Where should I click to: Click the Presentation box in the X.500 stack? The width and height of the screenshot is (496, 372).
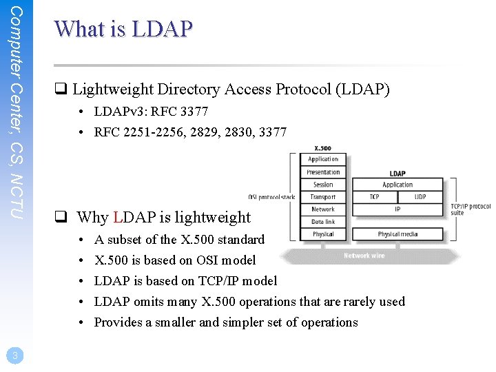[x=323, y=172]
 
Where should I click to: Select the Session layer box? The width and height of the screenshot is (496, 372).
[x=323, y=185]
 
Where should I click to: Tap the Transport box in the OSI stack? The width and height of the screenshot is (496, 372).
[x=323, y=197]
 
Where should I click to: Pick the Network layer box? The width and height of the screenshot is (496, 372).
[x=323, y=209]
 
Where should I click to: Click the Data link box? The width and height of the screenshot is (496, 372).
[x=323, y=222]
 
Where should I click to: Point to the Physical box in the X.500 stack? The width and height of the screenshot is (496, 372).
[x=323, y=234]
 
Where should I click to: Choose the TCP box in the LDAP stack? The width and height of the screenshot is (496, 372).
[x=374, y=197]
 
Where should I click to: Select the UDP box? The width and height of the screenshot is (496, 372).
[x=420, y=197]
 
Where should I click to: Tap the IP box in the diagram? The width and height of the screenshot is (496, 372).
[x=397, y=209]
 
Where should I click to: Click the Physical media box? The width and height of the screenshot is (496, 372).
[x=397, y=234]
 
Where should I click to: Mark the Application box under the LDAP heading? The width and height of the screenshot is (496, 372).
[x=397, y=185]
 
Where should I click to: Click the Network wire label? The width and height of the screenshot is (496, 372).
[x=364, y=256]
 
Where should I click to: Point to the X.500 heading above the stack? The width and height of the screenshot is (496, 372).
[x=322, y=149]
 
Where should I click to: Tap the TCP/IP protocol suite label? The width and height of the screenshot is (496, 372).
[x=471, y=209]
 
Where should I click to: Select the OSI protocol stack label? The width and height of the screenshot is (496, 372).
[x=272, y=198]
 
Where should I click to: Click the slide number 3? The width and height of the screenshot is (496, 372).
[x=14, y=355]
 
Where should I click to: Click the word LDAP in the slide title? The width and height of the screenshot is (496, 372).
[x=163, y=29]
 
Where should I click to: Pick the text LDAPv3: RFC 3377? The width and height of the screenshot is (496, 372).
[x=151, y=111]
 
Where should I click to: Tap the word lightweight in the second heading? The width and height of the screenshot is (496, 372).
[x=207, y=218]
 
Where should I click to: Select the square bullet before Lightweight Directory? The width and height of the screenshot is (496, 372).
[x=61, y=90]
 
